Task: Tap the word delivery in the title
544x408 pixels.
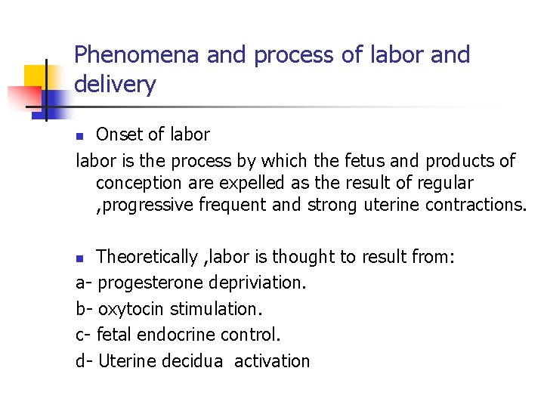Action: (115, 85)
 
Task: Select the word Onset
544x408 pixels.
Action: (119, 134)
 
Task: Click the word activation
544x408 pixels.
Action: (272, 360)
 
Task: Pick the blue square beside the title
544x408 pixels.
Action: (54, 100)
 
